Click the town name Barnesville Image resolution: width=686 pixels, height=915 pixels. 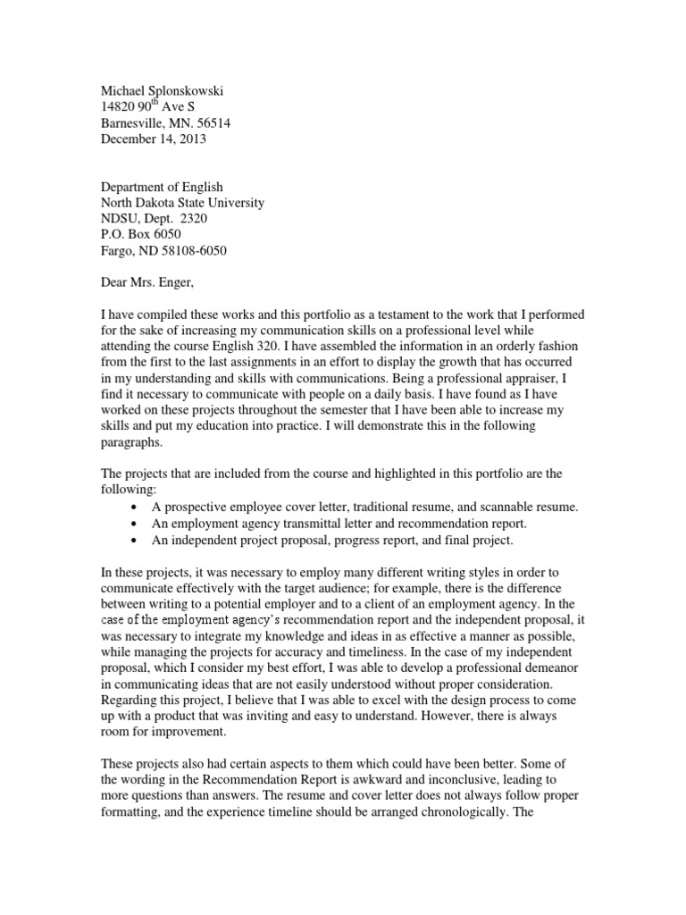(x=135, y=122)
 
